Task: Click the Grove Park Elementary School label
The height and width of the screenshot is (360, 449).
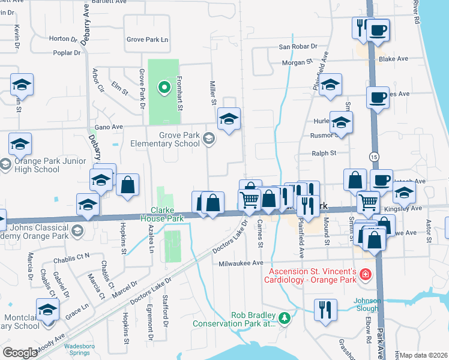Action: click(166, 140)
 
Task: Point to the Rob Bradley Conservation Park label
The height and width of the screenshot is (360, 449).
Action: click(234, 319)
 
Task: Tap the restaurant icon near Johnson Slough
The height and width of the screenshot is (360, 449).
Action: click(325, 310)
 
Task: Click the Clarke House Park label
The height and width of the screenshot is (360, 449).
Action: click(166, 214)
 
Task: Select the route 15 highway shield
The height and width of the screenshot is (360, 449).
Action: click(374, 155)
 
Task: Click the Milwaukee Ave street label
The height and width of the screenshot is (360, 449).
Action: click(241, 263)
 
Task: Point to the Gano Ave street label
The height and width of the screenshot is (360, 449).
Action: click(109, 127)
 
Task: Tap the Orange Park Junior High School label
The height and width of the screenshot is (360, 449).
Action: click(30, 165)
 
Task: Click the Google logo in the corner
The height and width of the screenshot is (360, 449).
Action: click(20, 353)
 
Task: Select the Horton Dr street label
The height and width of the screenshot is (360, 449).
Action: click(64, 39)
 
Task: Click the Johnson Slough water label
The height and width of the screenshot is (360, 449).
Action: click(367, 305)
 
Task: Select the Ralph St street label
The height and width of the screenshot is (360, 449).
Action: click(324, 154)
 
